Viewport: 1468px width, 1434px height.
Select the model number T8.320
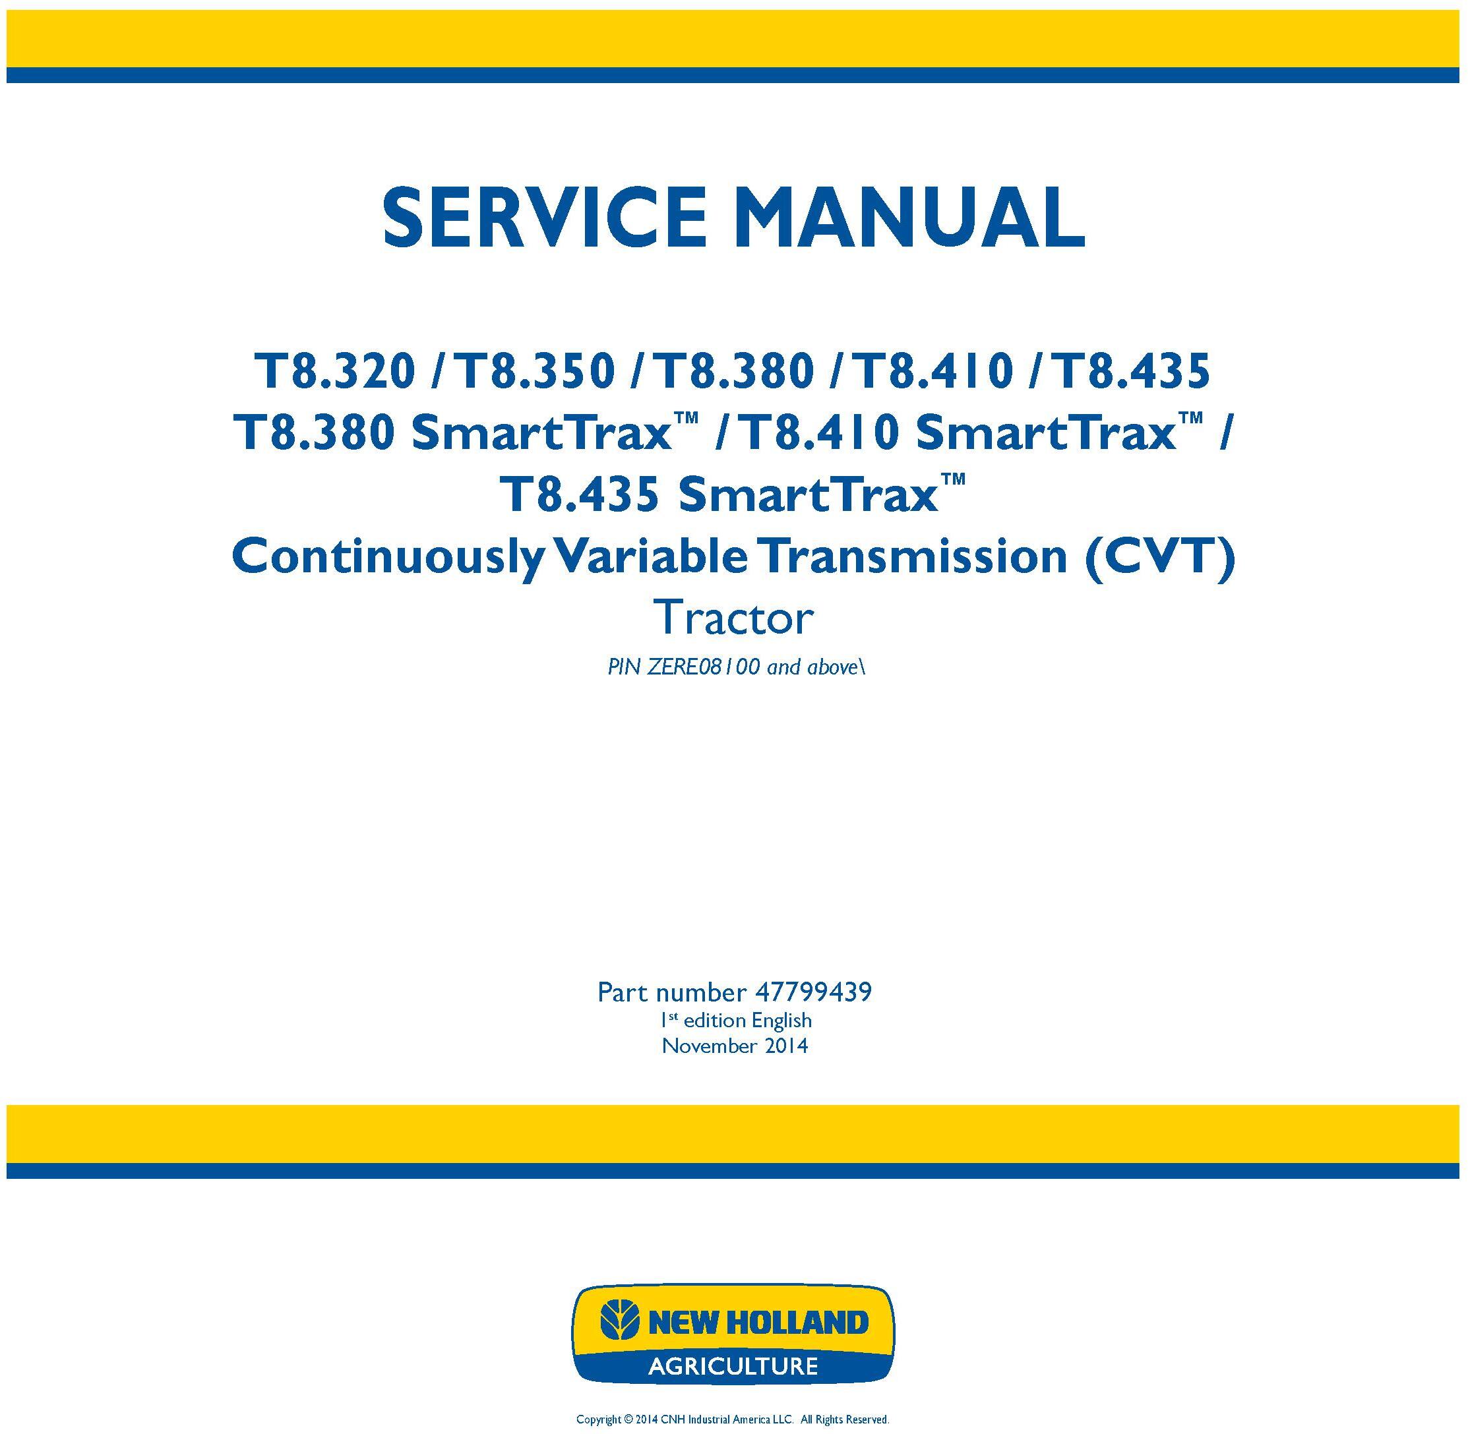334,371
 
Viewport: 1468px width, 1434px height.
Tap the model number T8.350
535,371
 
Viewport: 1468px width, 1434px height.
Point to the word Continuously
387,558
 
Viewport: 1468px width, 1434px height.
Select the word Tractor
735,619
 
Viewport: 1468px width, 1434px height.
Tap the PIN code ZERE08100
704,667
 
